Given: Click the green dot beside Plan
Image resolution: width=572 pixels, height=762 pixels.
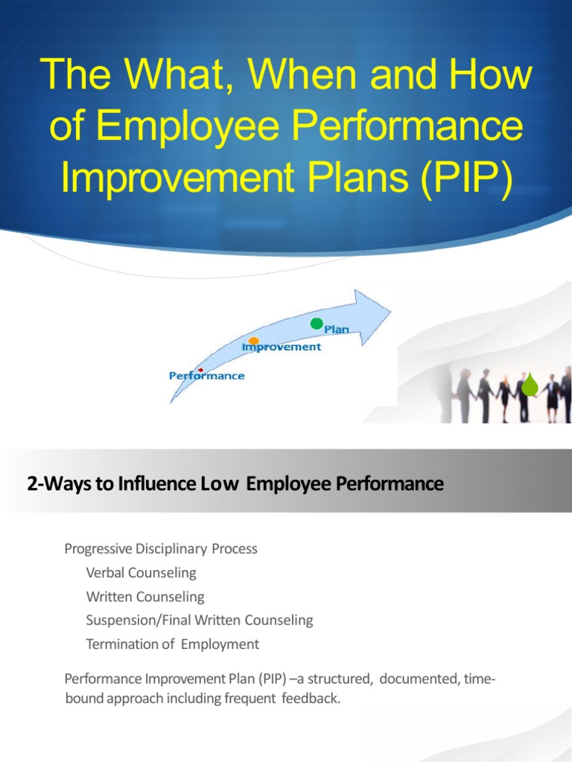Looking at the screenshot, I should point(317,324).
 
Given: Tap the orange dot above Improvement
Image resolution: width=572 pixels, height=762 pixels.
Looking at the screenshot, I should point(254,341).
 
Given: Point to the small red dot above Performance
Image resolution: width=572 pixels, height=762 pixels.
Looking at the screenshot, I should point(200,370).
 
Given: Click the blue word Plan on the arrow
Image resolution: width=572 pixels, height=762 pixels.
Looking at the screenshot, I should point(336,330).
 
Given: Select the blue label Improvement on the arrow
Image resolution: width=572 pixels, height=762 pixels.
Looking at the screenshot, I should point(282,347).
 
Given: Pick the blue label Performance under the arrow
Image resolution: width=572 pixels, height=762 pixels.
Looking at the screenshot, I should point(206,376).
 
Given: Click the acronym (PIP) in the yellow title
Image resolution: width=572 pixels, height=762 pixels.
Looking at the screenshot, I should point(469,182).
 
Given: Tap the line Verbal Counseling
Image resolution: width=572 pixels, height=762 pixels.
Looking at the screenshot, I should point(141,573).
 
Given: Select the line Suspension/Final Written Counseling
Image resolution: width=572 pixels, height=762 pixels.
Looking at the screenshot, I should point(199,620).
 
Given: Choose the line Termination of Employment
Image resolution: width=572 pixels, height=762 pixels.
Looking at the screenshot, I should point(172,644).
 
